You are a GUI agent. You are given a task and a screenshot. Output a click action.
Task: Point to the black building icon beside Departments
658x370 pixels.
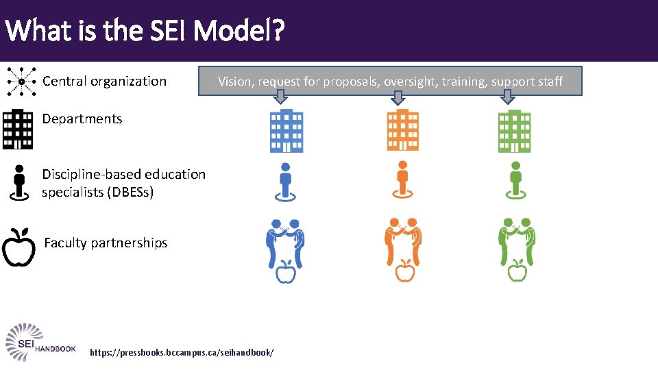(x=18, y=129)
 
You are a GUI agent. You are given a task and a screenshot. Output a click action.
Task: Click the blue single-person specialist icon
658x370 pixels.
(x=285, y=182)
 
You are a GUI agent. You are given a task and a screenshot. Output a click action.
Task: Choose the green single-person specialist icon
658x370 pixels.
(x=515, y=182)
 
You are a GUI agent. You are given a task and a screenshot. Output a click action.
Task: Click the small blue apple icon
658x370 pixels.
(x=285, y=272)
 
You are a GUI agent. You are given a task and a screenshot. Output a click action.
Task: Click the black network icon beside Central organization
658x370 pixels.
(x=21, y=82)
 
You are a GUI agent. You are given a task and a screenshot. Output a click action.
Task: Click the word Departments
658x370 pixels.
(x=82, y=119)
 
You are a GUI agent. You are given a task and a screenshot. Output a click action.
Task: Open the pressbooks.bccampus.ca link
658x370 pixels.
(x=182, y=351)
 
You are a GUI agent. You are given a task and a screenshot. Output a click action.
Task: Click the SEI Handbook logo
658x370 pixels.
(x=40, y=341)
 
